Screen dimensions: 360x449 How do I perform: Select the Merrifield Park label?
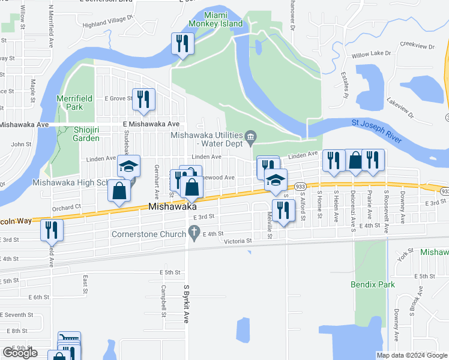point(70,103)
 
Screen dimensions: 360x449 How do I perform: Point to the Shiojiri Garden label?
point(77,134)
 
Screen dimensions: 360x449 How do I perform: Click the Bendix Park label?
point(373,284)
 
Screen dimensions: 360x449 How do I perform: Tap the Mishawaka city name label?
point(173,206)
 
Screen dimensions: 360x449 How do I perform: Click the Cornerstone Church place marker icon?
point(193,231)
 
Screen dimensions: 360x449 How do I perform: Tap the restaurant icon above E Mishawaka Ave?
point(143,99)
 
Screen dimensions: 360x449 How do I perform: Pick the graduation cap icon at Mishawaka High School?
point(128,166)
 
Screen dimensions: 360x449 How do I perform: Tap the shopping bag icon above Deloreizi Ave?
point(355,160)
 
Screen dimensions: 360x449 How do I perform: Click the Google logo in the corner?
point(20,353)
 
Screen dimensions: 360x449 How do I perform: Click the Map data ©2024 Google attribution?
point(412,355)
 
